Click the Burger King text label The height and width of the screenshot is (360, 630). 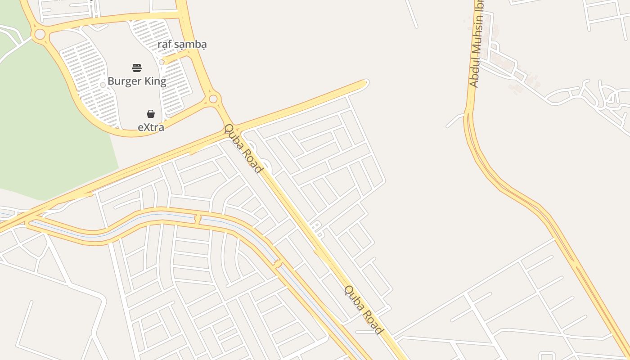click(x=137, y=81)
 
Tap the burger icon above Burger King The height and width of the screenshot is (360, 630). click(x=137, y=68)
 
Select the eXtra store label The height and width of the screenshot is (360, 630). click(x=151, y=127)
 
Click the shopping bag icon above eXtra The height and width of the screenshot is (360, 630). click(x=151, y=114)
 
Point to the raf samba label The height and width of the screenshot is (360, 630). click(x=182, y=45)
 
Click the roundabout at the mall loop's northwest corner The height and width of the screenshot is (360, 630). click(x=40, y=34)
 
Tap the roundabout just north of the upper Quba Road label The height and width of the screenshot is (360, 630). click(x=213, y=99)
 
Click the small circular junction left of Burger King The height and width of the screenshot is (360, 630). click(x=103, y=85)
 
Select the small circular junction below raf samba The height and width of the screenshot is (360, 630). click(x=162, y=62)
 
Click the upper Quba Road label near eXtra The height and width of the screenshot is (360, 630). click(x=243, y=148)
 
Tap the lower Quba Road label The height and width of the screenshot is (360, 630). click(x=364, y=310)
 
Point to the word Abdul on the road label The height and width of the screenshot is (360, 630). click(x=473, y=75)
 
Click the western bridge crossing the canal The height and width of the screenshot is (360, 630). click(x=197, y=220)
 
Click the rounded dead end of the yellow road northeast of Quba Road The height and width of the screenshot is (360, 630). click(x=365, y=83)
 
